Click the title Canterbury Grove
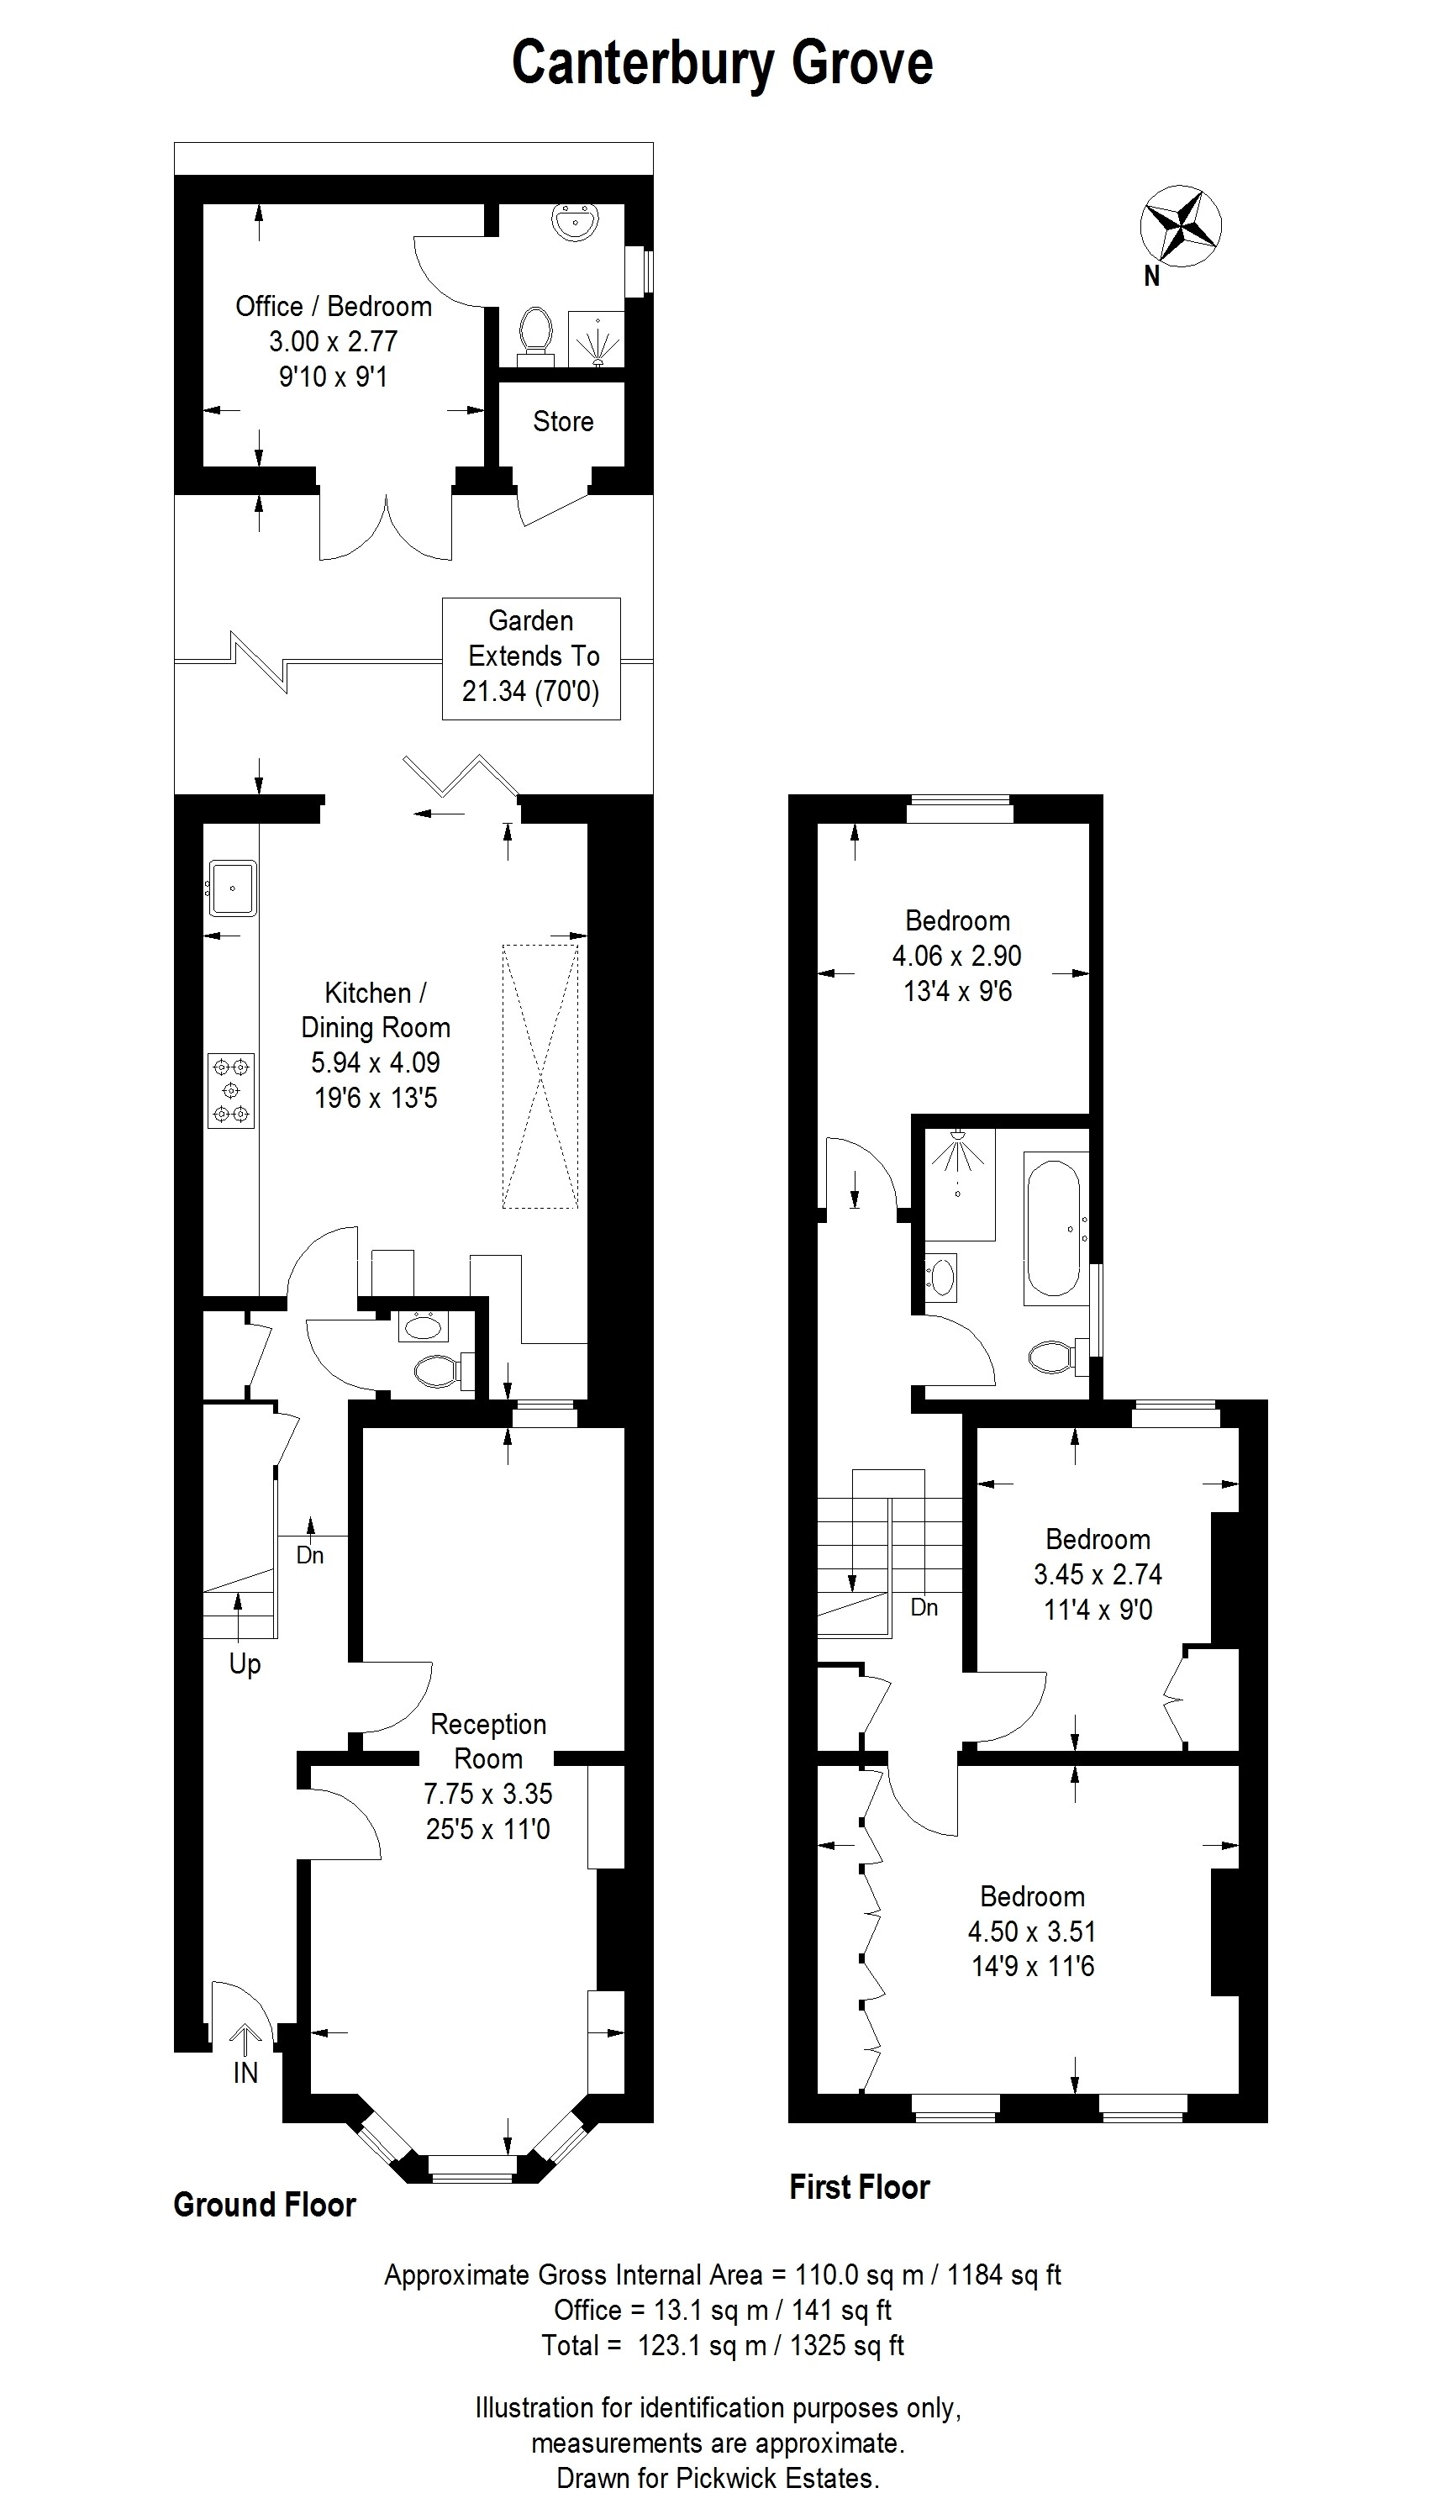click(x=722, y=65)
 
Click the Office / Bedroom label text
click(x=334, y=307)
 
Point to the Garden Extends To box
click(x=531, y=658)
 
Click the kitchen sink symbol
click(x=232, y=888)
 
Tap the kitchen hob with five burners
click(x=231, y=1090)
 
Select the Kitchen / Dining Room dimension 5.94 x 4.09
click(x=376, y=1063)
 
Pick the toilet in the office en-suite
click(x=536, y=333)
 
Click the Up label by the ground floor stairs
click(x=245, y=1665)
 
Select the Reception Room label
click(x=489, y=1741)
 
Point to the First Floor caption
click(x=860, y=2186)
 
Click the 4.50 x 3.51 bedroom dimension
click(x=1032, y=1932)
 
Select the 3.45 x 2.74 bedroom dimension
click(x=1098, y=1574)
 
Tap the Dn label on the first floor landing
click(x=924, y=1607)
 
